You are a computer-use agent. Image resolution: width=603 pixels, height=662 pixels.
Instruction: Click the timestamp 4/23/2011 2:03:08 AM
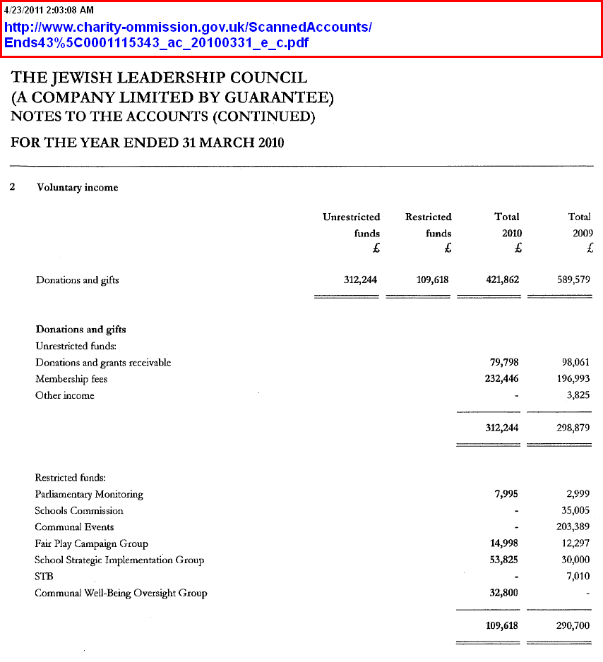point(49,11)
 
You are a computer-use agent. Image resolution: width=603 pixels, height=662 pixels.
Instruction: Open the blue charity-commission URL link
point(188,35)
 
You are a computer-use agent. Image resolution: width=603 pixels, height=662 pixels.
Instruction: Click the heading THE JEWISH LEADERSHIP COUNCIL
point(160,78)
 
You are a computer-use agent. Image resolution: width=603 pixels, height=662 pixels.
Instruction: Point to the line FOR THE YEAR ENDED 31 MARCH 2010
point(147,143)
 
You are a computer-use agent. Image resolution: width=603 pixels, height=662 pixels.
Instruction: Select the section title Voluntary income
point(77,188)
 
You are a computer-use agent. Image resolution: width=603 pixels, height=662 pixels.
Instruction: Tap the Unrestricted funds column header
point(351,225)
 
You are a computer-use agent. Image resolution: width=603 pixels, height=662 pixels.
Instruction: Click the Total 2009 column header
point(580,225)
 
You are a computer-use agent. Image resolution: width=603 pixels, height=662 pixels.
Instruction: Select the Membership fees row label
point(71,379)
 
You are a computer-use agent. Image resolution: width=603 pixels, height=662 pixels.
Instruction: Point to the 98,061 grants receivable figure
point(573,362)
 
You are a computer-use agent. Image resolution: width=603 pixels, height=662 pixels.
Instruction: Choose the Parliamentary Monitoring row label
point(89,494)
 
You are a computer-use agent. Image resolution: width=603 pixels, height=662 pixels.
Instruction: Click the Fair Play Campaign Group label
point(91,543)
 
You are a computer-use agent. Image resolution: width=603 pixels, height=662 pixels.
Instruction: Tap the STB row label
point(44,577)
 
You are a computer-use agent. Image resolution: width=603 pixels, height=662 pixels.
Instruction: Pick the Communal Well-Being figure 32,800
point(502,593)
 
